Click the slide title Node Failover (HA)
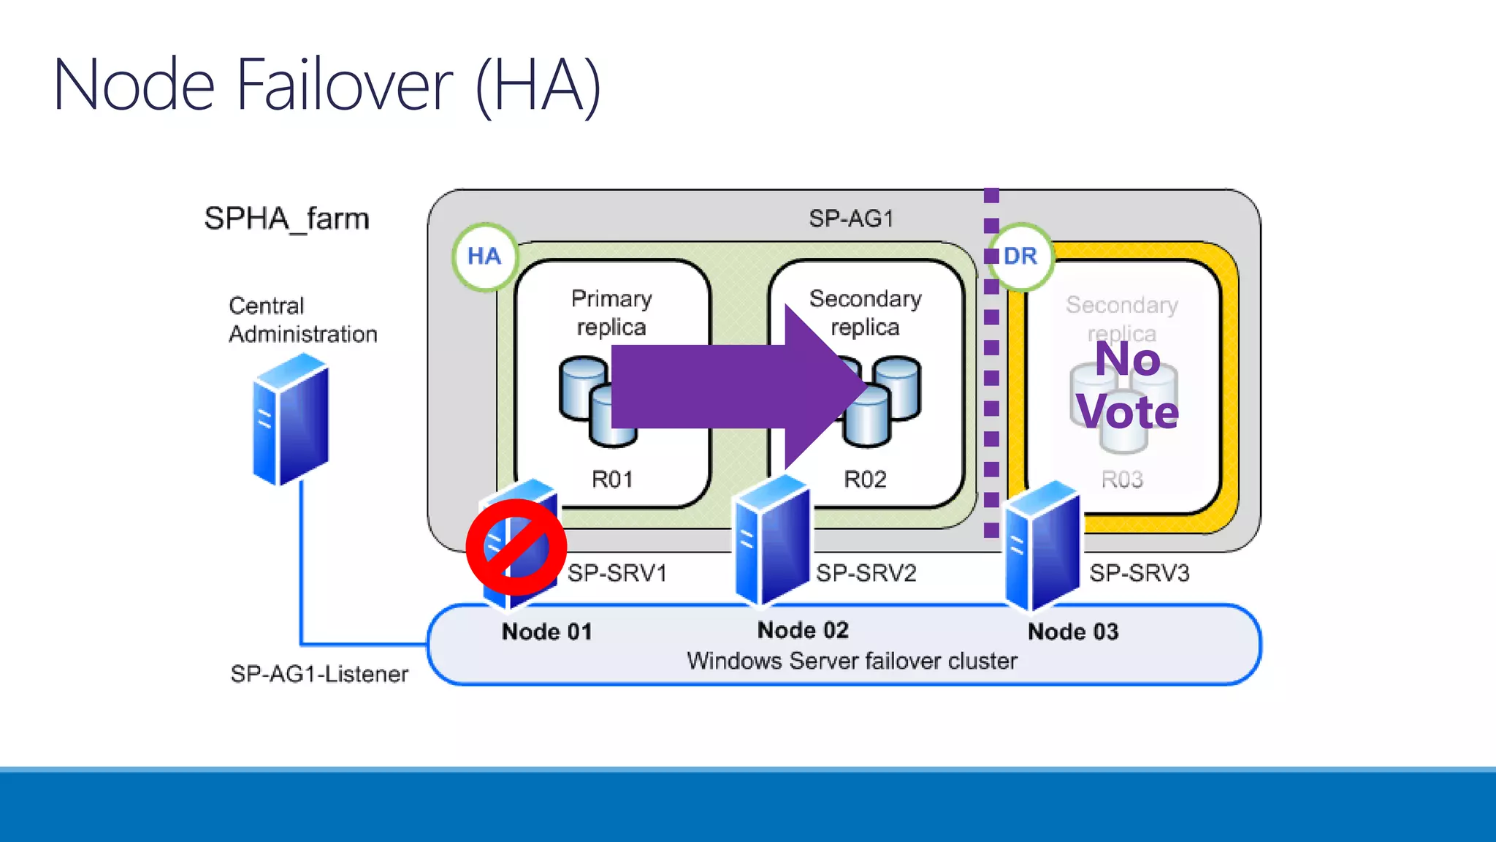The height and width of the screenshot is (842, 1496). pyautogui.click(x=327, y=86)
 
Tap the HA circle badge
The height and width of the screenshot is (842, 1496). pyautogui.click(x=484, y=257)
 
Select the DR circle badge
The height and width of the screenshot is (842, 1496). pyautogui.click(x=1020, y=257)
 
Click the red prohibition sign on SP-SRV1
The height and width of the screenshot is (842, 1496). pyautogui.click(x=516, y=547)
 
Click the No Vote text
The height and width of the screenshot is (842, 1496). pyautogui.click(x=1127, y=386)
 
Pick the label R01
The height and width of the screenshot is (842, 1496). pyautogui.click(x=612, y=479)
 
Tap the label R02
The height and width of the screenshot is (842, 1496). pyautogui.click(x=865, y=479)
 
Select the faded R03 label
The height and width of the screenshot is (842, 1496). pyautogui.click(x=1122, y=479)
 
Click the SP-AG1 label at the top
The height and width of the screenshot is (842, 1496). pyautogui.click(x=851, y=219)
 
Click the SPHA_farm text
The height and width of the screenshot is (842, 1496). pyautogui.click(x=286, y=219)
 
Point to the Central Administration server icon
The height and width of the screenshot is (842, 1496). pyautogui.click(x=291, y=420)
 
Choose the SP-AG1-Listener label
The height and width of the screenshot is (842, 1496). pyautogui.click(x=319, y=674)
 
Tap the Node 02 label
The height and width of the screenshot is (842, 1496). pyautogui.click(x=803, y=630)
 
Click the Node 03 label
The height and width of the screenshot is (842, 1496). pyautogui.click(x=1073, y=631)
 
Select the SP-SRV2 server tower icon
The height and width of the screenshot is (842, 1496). pyautogui.click(x=772, y=541)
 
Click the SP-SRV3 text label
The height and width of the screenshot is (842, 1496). pyautogui.click(x=1140, y=573)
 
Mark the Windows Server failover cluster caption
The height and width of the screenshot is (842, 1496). pyautogui.click(x=852, y=661)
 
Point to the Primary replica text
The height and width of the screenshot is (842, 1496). pyautogui.click(x=611, y=313)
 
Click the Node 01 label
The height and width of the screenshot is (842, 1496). pyautogui.click(x=546, y=631)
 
